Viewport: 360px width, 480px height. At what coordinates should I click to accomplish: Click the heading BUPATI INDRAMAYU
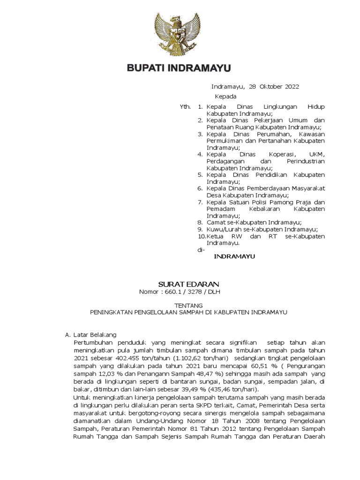pos(180,68)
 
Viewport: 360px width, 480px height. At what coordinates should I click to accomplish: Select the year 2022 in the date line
pos(291,87)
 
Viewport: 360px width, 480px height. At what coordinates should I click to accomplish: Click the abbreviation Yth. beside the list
pos(186,107)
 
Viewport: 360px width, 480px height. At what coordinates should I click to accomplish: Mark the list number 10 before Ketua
pos(201,236)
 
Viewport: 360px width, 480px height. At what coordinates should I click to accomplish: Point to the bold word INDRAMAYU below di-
pos(233,257)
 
